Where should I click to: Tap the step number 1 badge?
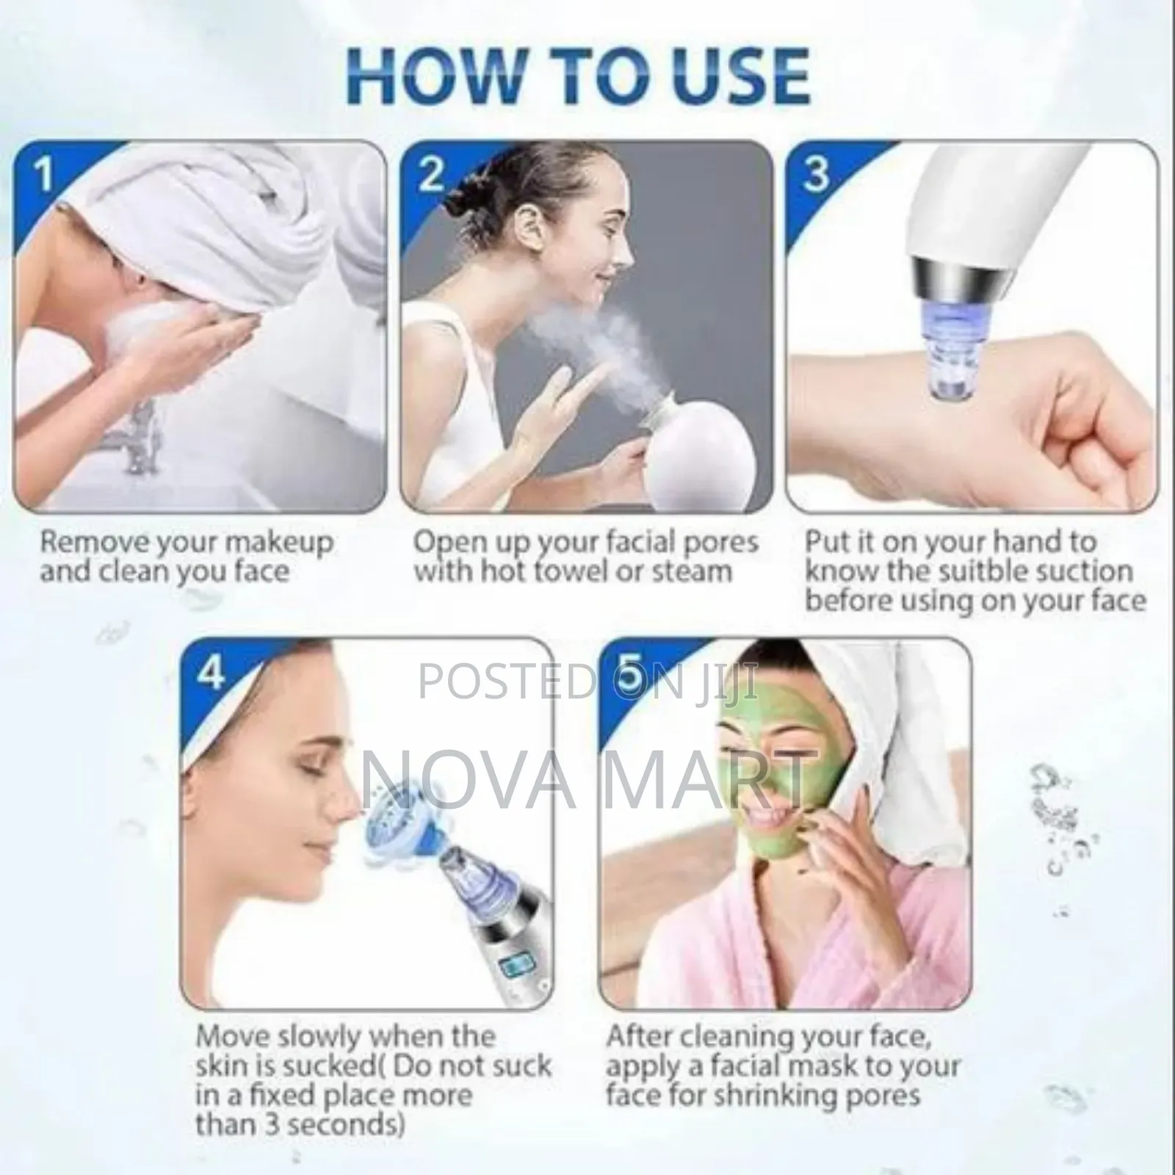pyautogui.click(x=44, y=176)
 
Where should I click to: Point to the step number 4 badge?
pyautogui.click(x=211, y=672)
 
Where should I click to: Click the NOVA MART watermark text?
pyautogui.click(x=587, y=772)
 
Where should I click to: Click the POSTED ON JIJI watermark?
pyautogui.click(x=587, y=681)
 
